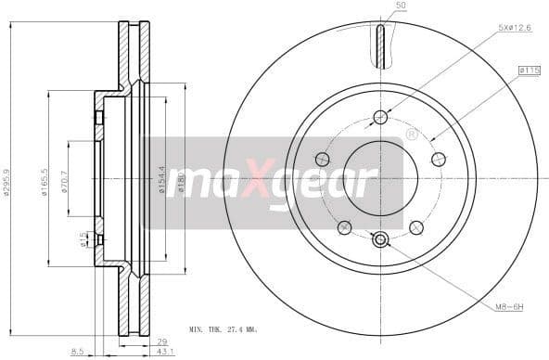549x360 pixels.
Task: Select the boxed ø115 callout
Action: tap(530, 71)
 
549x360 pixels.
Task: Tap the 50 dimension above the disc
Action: tap(402, 6)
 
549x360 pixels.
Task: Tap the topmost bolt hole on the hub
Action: tap(380, 116)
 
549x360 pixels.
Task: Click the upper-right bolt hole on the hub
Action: tap(439, 159)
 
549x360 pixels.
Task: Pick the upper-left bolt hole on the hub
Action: tap(322, 159)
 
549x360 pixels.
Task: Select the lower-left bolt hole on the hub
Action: tap(344, 227)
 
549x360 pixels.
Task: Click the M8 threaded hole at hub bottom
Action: tap(380, 240)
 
